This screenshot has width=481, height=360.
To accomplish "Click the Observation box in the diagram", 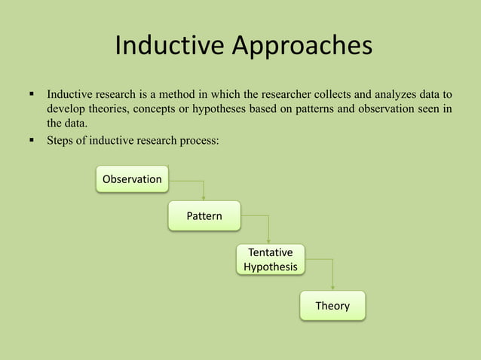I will pos(132,179).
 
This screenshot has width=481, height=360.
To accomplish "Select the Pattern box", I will pos(204,216).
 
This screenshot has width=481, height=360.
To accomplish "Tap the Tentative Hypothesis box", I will pos(270,259).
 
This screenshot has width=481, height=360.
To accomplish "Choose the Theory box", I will pos(332,306).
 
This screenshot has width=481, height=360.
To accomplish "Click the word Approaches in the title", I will pos(302,47).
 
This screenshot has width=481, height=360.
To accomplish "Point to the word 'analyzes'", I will pos(406,96).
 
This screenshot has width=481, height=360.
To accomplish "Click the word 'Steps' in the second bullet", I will pos(61,139).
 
